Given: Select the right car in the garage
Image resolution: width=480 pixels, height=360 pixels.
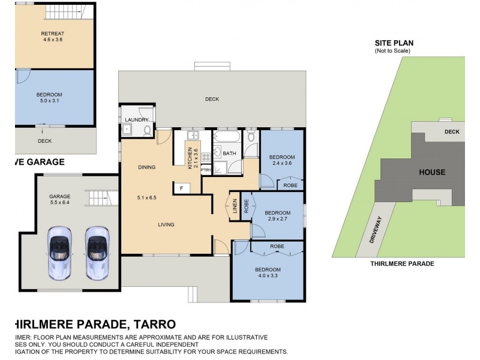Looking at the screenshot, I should point(96,251).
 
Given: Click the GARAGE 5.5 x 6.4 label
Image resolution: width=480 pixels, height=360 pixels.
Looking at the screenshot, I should point(59,200).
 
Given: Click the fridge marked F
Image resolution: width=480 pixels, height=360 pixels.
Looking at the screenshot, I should point(181,188).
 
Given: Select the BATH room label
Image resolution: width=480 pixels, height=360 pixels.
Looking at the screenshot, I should point(229,154).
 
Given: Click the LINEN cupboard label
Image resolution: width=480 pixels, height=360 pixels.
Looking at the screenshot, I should point(234,206).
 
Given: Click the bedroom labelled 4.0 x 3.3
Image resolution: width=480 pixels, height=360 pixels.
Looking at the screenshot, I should point(267,273).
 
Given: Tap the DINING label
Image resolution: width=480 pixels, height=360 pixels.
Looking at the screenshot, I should point(146,167).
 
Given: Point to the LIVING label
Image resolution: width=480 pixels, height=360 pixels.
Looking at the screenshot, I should point(166,225).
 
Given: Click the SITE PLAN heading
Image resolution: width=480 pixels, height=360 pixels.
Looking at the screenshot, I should point(394,43).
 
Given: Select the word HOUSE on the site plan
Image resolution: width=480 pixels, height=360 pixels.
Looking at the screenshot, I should point(432,172).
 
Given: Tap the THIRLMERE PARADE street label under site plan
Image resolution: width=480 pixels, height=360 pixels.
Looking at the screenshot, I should point(402,263).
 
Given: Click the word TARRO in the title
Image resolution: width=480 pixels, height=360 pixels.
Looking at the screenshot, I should point(154,325).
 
